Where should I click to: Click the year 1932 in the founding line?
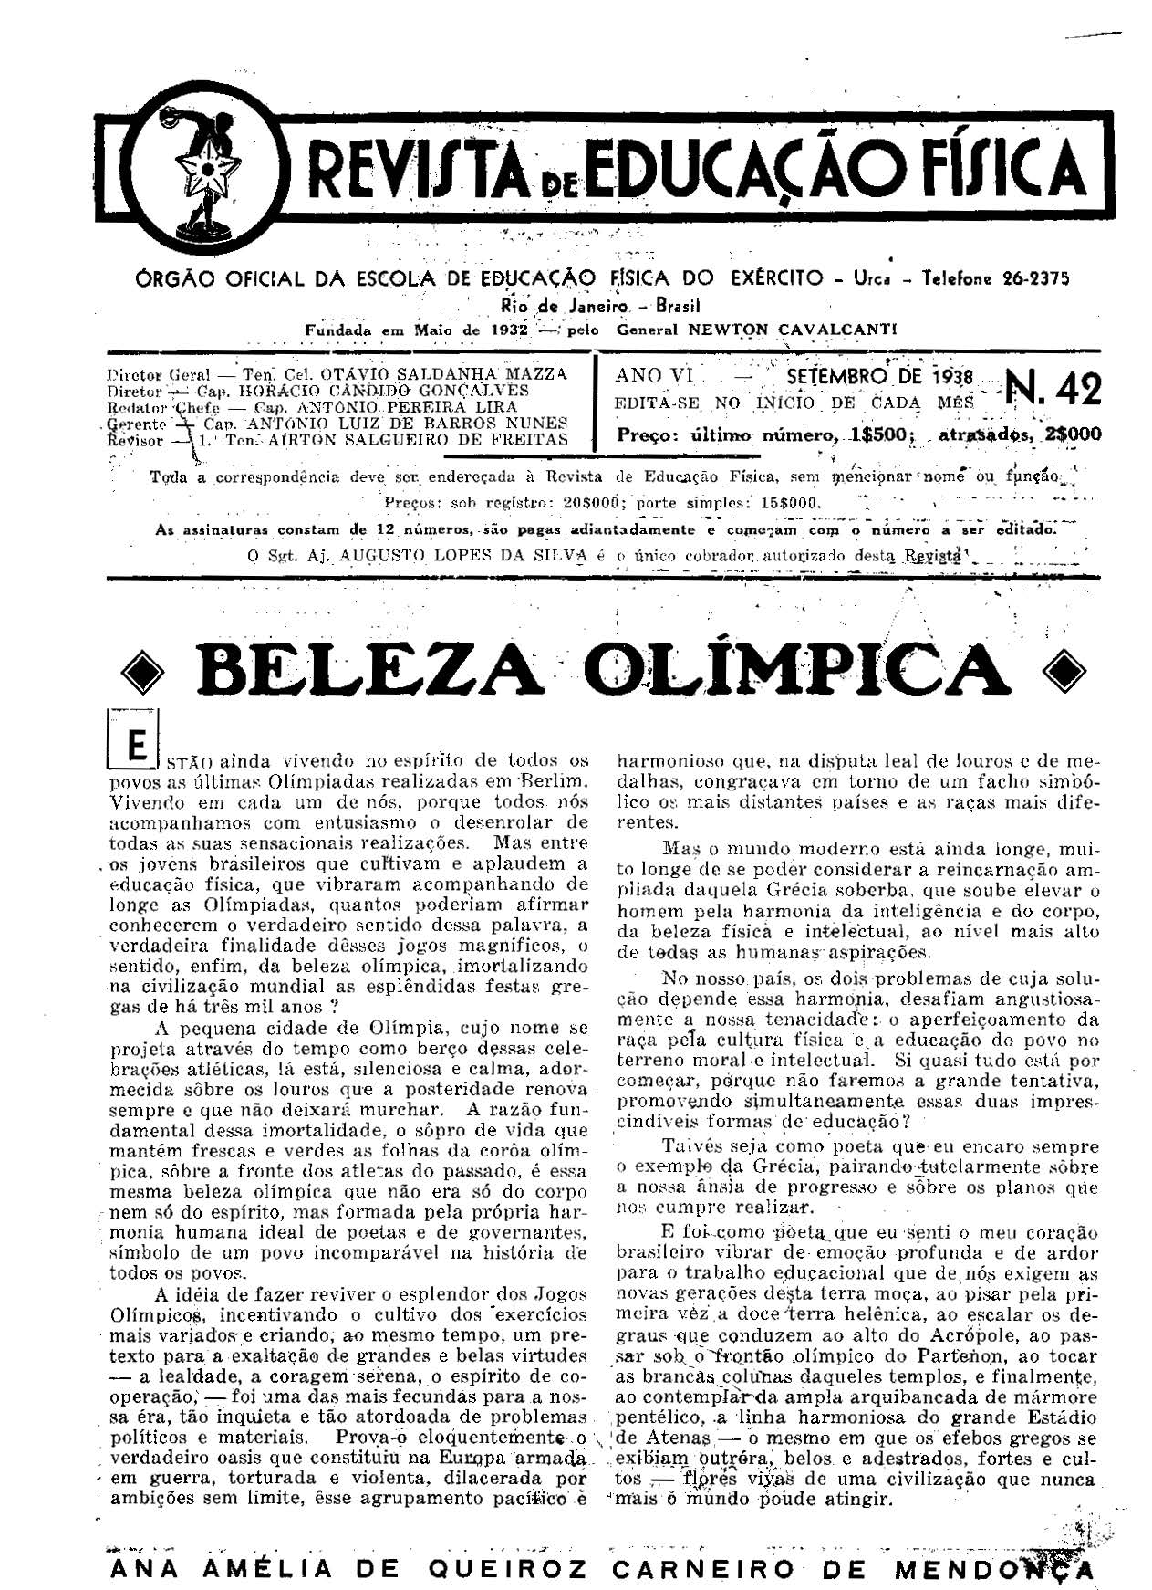(504, 330)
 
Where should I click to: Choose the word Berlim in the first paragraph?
(553, 781)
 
